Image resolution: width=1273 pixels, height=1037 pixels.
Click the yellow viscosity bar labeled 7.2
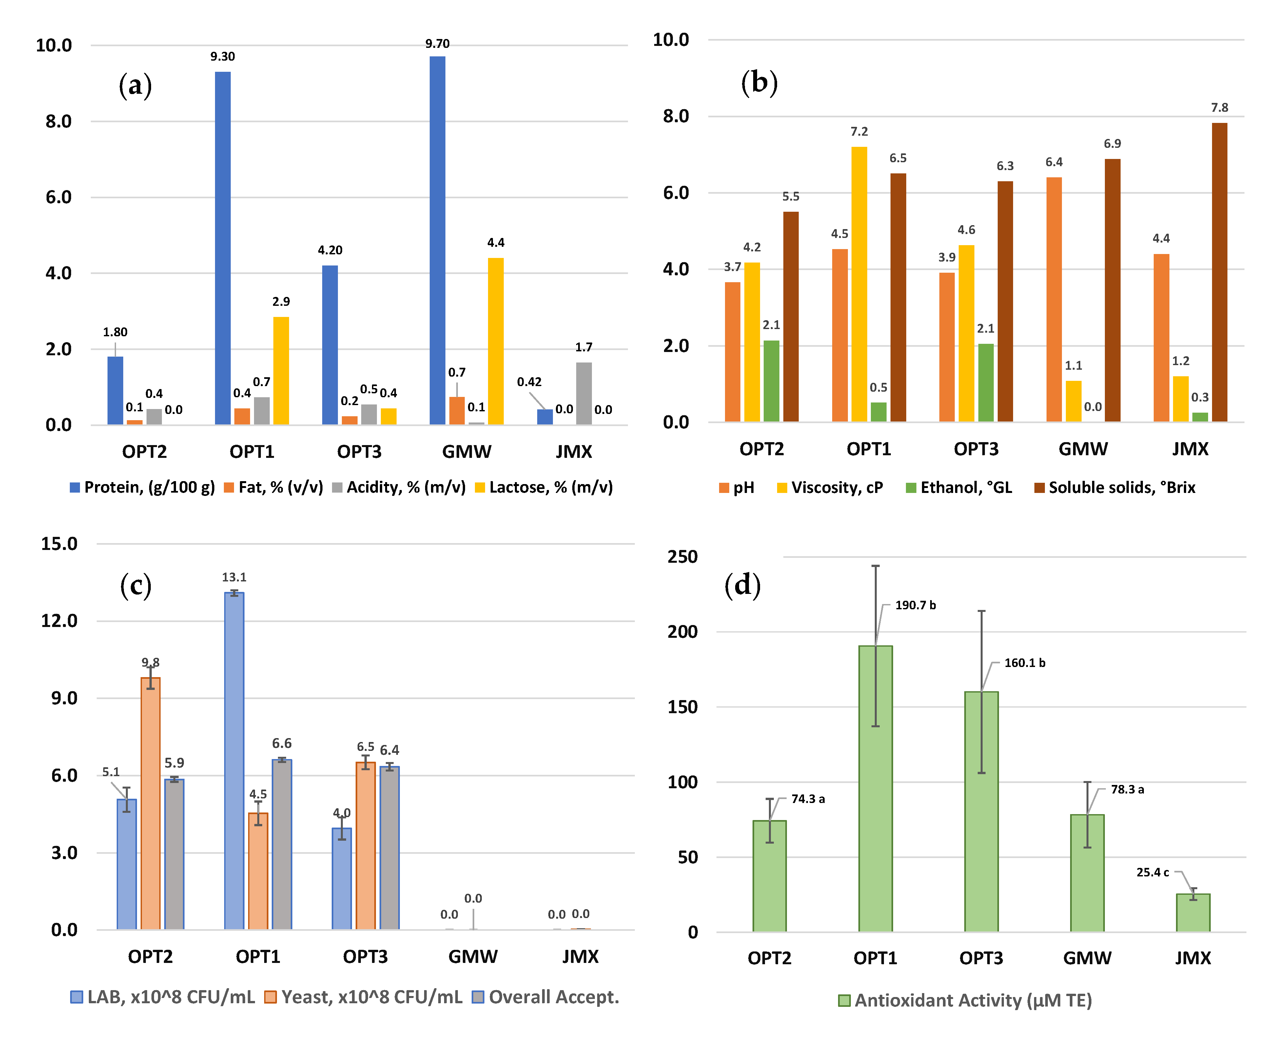coord(859,284)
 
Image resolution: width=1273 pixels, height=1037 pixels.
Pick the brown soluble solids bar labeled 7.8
coord(1219,272)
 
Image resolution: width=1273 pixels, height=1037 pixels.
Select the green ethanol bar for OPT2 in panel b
coord(771,381)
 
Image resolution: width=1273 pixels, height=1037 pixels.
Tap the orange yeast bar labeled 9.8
coord(150,803)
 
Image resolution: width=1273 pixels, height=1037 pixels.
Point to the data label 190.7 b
coord(915,605)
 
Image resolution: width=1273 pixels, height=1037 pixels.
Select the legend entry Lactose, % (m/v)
coord(544,487)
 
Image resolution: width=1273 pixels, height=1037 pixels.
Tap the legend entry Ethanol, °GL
coord(959,487)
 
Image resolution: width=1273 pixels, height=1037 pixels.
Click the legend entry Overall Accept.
coord(545,997)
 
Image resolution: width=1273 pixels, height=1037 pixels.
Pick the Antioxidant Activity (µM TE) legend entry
coord(965,1001)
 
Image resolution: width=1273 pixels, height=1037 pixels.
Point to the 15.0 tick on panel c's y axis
coord(59,544)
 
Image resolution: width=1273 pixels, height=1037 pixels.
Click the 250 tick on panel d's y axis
coord(682,557)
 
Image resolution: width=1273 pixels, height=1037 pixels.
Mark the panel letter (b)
coord(759,83)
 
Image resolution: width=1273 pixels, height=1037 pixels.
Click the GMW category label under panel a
coord(466,452)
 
